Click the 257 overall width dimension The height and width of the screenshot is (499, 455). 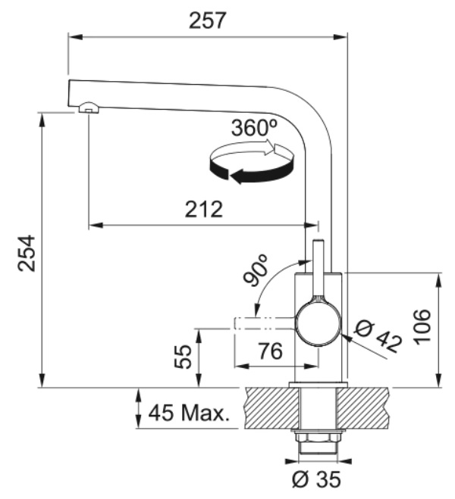207,20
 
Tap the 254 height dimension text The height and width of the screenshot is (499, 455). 27,253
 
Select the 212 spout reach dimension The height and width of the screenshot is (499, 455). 203,209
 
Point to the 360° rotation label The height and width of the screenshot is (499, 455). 254,128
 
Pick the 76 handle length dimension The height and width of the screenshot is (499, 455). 270,351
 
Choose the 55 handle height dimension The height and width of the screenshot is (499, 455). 184,357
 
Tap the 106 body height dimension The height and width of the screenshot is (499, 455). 422,327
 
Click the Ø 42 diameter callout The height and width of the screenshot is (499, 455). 378,337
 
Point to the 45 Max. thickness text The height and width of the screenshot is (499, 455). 189,413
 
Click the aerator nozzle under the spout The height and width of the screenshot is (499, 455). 89,108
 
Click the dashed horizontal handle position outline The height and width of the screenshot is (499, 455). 265,323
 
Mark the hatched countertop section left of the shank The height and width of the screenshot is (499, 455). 272,408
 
